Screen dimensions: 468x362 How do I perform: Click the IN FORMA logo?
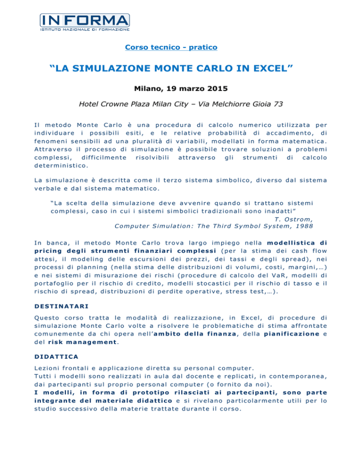(84, 21)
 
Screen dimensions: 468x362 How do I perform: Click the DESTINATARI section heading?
(62, 307)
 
